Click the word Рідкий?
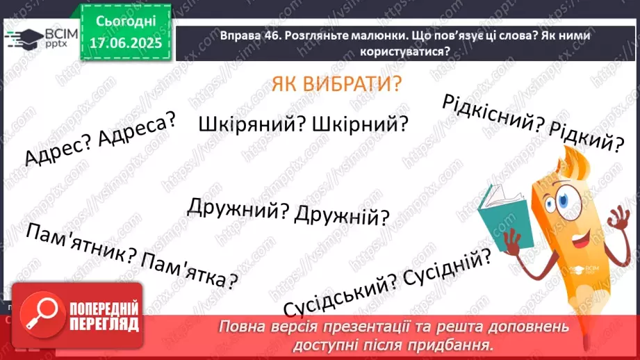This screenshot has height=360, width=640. tap(586, 138)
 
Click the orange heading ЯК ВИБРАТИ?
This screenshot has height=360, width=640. tap(337, 86)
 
